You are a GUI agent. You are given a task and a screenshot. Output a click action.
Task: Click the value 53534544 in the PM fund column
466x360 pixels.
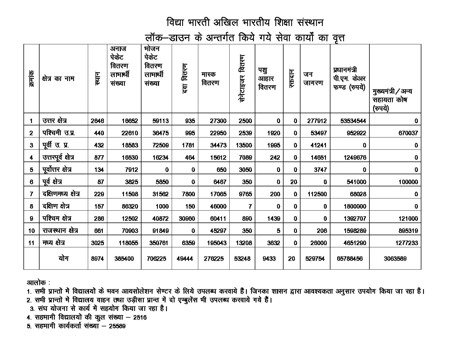(353, 121)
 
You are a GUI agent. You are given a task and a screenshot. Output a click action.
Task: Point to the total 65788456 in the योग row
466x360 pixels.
(350, 259)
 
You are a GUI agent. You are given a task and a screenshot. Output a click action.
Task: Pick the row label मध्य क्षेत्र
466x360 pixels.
(54, 243)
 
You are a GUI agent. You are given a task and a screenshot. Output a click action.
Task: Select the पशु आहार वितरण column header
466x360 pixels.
(267, 79)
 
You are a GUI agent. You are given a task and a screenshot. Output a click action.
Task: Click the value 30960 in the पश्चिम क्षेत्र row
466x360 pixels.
(185, 219)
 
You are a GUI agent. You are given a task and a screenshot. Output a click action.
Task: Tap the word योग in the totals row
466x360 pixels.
(64, 258)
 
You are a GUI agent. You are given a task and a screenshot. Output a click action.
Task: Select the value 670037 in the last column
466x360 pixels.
(406, 133)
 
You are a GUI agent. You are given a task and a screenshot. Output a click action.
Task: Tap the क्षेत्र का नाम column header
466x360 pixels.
(58, 78)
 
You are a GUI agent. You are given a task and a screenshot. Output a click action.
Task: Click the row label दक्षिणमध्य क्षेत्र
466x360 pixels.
(61, 194)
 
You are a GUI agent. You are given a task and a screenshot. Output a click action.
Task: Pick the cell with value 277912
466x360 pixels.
(317, 121)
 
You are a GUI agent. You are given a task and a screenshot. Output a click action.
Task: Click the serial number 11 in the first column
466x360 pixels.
(31, 243)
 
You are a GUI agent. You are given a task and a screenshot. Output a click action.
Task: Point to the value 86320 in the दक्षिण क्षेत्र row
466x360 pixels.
(130, 206)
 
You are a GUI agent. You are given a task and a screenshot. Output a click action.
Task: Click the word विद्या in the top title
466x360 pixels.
(175, 23)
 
